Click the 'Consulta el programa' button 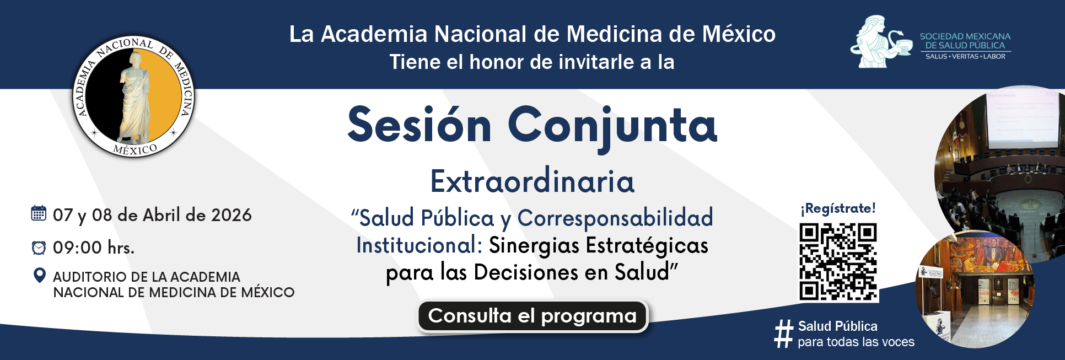532,316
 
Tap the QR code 838,262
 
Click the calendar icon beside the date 39,213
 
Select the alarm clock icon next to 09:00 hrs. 39,248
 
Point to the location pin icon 39,275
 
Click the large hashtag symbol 783,334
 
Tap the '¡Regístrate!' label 838,208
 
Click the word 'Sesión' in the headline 419,125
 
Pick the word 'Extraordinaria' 532,181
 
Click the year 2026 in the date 232,215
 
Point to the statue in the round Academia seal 134,96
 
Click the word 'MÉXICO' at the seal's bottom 135,149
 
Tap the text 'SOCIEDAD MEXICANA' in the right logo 965,36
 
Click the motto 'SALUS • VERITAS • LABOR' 965,56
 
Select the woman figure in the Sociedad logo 873,42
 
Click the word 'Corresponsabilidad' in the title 615,218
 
